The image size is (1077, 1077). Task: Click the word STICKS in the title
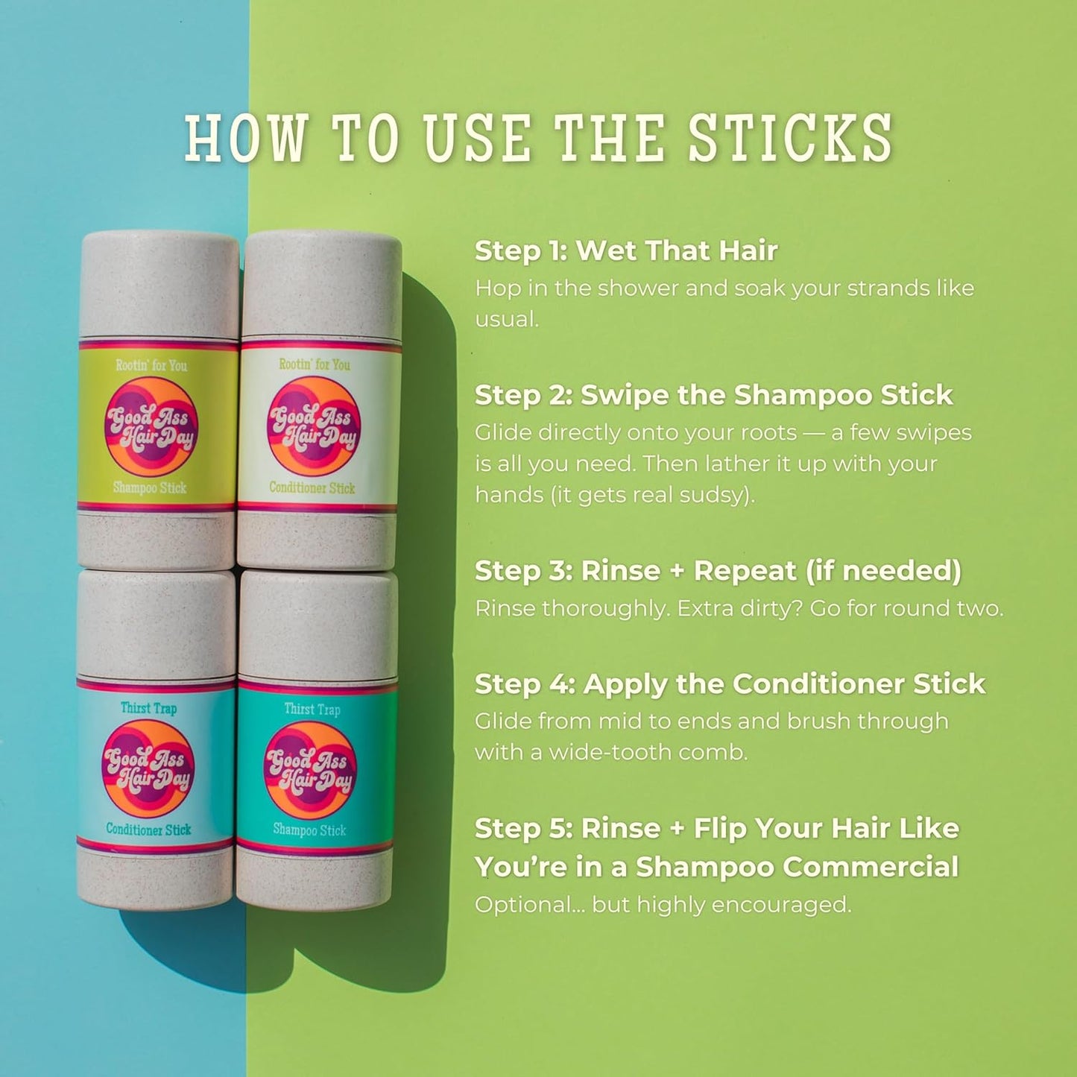(789, 139)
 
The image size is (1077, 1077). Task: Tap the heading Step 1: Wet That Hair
(626, 250)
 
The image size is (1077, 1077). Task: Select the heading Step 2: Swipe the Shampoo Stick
(713, 395)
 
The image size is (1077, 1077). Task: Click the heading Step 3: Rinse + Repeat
(718, 571)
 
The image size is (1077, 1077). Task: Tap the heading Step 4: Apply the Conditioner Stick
(730, 684)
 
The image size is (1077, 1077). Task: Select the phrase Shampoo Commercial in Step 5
(797, 867)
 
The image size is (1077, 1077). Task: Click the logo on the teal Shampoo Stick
(310, 769)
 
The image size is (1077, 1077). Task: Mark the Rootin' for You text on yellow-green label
(151, 365)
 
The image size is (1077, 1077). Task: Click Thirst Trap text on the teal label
(312, 709)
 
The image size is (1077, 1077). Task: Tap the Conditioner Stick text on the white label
(312, 488)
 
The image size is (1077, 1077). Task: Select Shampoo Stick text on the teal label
(309, 830)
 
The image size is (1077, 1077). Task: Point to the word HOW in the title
(245, 139)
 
